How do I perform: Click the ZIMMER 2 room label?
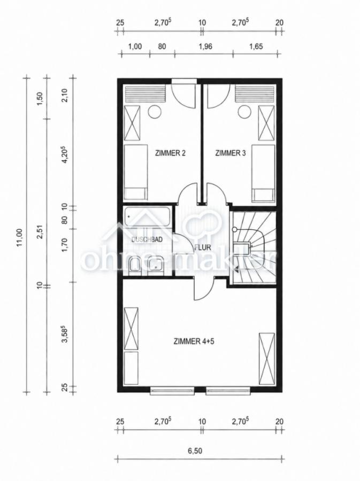(x=171, y=153)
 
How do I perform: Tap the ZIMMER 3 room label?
(x=231, y=153)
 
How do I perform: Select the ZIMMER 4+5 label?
(x=194, y=341)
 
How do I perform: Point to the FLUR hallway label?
(x=203, y=247)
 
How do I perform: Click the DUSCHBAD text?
(x=147, y=239)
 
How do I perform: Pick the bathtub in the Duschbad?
(x=148, y=216)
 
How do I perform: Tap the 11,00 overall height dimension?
(x=19, y=237)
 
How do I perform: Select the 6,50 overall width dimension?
(x=195, y=451)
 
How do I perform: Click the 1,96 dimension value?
(x=205, y=46)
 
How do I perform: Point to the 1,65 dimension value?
(x=256, y=46)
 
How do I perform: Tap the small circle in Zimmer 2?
(x=155, y=112)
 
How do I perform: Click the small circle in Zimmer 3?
(x=244, y=112)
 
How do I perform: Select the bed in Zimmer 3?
(x=263, y=174)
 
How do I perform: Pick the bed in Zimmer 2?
(x=136, y=172)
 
